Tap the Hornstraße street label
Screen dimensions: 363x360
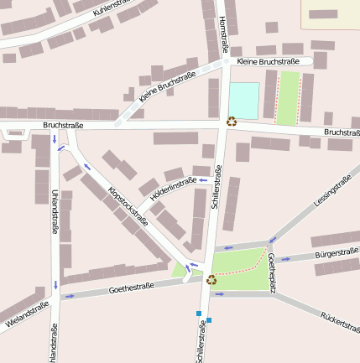pyautogui.click(x=222, y=34)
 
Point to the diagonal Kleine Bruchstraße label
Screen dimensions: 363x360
pyautogui.click(x=168, y=87)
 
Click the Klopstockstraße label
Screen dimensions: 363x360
pyautogui.click(x=128, y=205)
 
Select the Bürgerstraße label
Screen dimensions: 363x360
pyautogui.click(x=337, y=252)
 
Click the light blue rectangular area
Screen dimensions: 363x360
pyautogui.click(x=244, y=100)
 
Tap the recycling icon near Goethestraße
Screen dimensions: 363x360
pyautogui.click(x=211, y=279)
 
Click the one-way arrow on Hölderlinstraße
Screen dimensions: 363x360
pyautogui.click(x=201, y=179)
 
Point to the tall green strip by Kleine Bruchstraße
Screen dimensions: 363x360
pyautogui.click(x=288, y=98)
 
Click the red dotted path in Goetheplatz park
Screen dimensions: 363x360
pyautogui.click(x=243, y=267)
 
